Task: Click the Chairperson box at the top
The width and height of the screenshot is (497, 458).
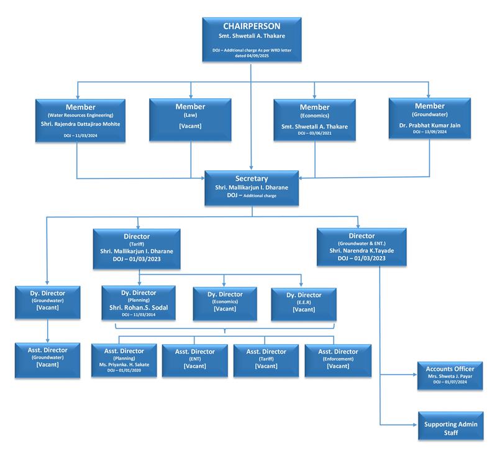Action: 251,39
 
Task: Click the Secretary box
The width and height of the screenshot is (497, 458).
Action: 251,186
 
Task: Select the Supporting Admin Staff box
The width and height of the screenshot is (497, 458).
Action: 449,428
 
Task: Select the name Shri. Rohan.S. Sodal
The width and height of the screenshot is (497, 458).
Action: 139,308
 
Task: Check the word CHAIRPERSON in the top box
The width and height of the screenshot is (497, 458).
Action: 251,26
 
